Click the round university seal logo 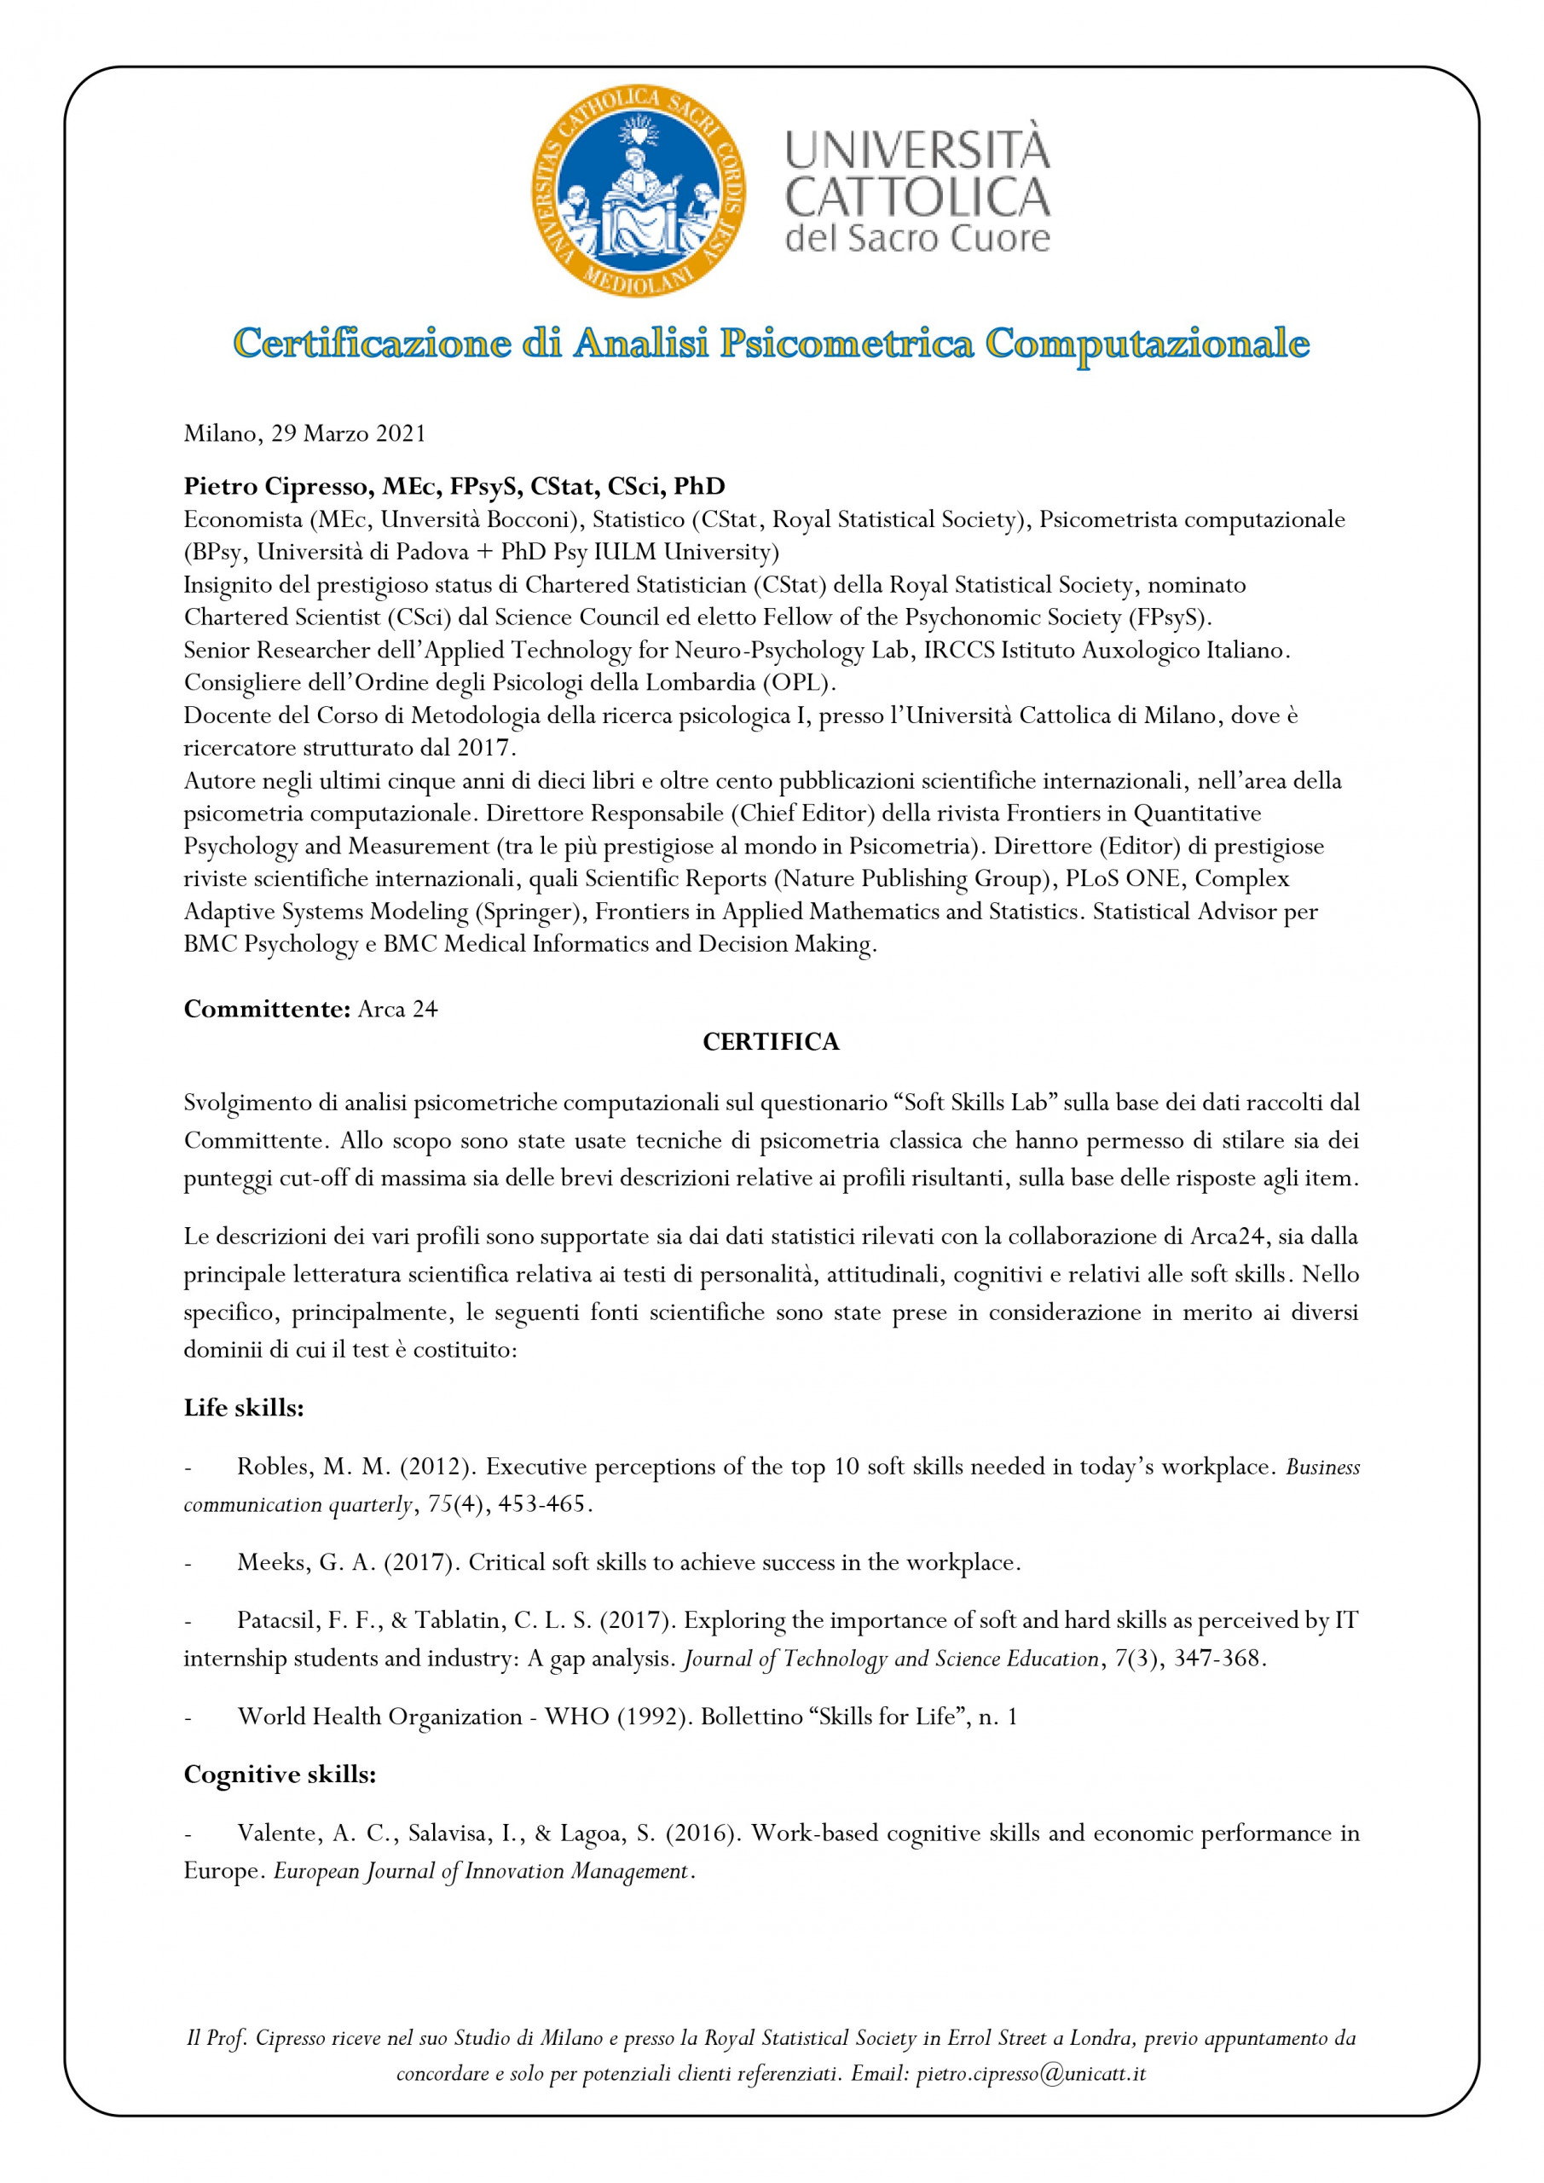pyautogui.click(x=638, y=190)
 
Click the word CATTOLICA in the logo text pyautogui.click(x=917, y=197)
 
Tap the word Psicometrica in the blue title pyautogui.click(x=846, y=344)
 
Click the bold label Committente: pyautogui.click(x=267, y=1009)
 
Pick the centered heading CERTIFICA pyautogui.click(x=771, y=1042)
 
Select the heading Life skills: pyautogui.click(x=243, y=1408)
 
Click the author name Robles pyautogui.click(x=275, y=1466)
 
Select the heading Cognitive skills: pyautogui.click(x=280, y=1775)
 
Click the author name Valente pyautogui.click(x=279, y=1833)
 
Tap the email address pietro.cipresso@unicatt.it pyautogui.click(x=1031, y=2074)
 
